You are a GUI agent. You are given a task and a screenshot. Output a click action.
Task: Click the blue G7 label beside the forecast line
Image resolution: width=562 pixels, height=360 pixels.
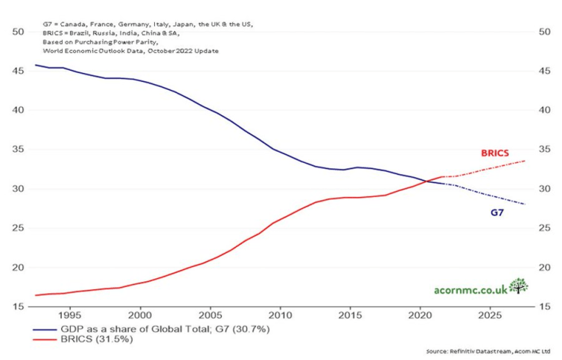[x=496, y=213]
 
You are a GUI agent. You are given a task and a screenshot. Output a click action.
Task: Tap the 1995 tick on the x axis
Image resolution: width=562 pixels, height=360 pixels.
[x=71, y=315]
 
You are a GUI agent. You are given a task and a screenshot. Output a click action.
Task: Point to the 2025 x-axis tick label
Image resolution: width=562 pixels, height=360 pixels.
[x=491, y=315]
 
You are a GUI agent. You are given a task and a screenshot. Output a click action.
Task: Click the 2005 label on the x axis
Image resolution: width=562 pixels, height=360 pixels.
[x=211, y=315]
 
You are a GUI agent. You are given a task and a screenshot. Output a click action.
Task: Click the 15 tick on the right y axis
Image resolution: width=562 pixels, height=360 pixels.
[x=543, y=306]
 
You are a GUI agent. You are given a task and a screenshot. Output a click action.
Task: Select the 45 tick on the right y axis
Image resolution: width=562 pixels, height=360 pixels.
[x=543, y=71]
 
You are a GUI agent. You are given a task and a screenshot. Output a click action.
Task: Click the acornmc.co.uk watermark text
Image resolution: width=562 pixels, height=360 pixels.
[x=470, y=289]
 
